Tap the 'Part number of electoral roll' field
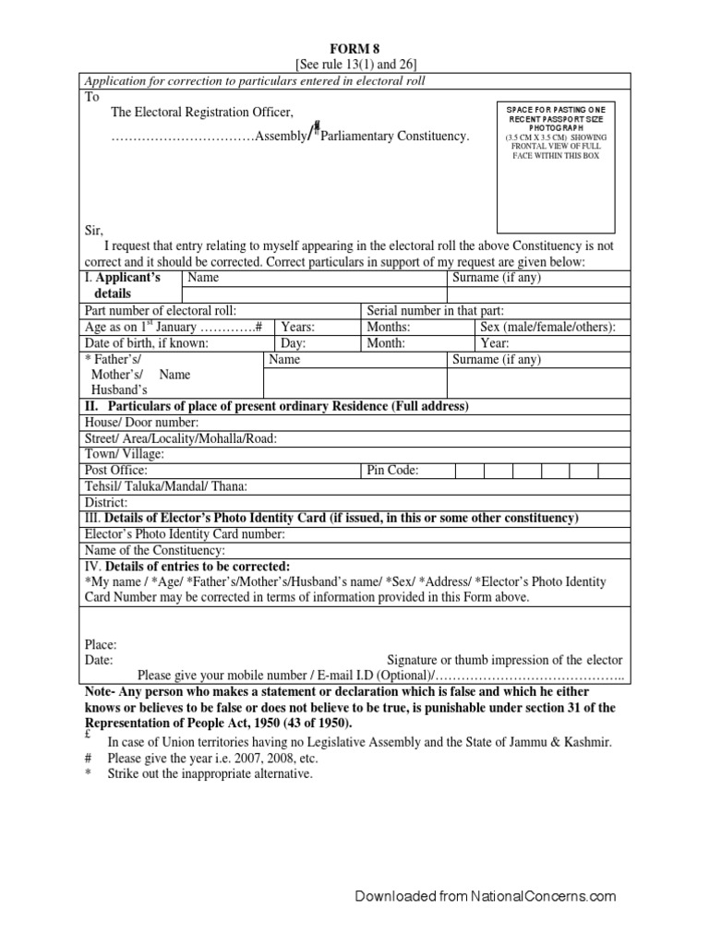(222, 311)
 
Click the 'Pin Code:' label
(392, 470)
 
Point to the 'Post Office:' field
(222, 470)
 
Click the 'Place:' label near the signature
(101, 645)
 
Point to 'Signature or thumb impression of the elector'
(504, 660)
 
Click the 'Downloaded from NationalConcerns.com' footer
(486, 896)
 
